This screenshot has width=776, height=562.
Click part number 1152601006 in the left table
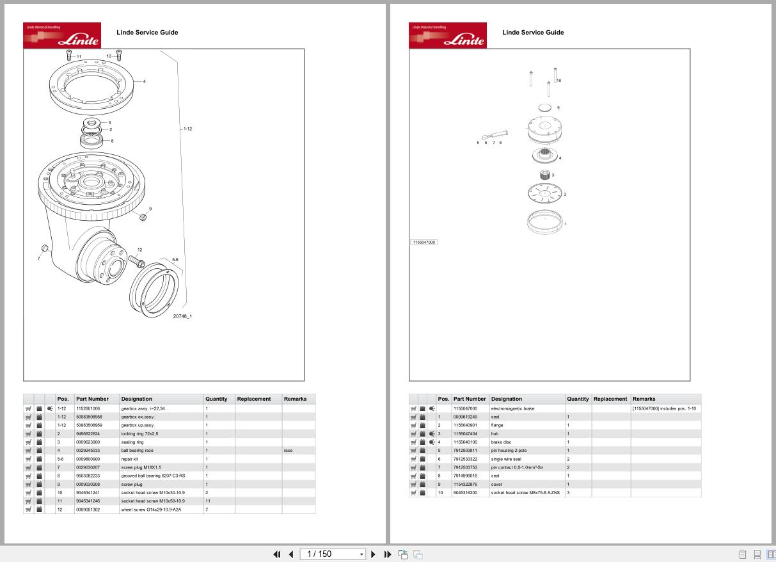pos(88,408)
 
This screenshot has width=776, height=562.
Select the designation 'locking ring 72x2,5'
pos(139,433)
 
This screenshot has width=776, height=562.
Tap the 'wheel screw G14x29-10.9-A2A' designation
pos(151,510)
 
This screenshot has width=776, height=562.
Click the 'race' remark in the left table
pos(288,451)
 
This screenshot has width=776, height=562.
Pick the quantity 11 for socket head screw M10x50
pos(208,501)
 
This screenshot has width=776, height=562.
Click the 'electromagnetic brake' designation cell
pos(512,408)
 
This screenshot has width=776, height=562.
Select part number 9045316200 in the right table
pos(465,493)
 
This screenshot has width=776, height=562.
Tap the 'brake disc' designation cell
pos(501,442)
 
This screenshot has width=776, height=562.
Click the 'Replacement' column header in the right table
pos(610,399)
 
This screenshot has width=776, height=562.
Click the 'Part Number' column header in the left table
pos(92,399)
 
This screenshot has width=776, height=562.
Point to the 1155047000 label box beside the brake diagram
pos(424,243)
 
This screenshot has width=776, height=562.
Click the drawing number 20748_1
pos(182,316)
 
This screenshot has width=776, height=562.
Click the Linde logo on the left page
pos(62,36)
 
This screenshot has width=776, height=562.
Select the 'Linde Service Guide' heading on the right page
pos(533,33)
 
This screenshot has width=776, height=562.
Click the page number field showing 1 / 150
pos(330,554)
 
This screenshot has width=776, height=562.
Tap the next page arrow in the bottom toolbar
pos(374,554)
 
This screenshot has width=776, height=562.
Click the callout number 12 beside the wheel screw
pos(139,250)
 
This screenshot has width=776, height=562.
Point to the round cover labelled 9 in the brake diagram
pos(545,108)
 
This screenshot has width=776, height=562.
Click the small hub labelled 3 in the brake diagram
pos(544,175)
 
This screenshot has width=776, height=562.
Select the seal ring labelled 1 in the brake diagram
pos(544,222)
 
